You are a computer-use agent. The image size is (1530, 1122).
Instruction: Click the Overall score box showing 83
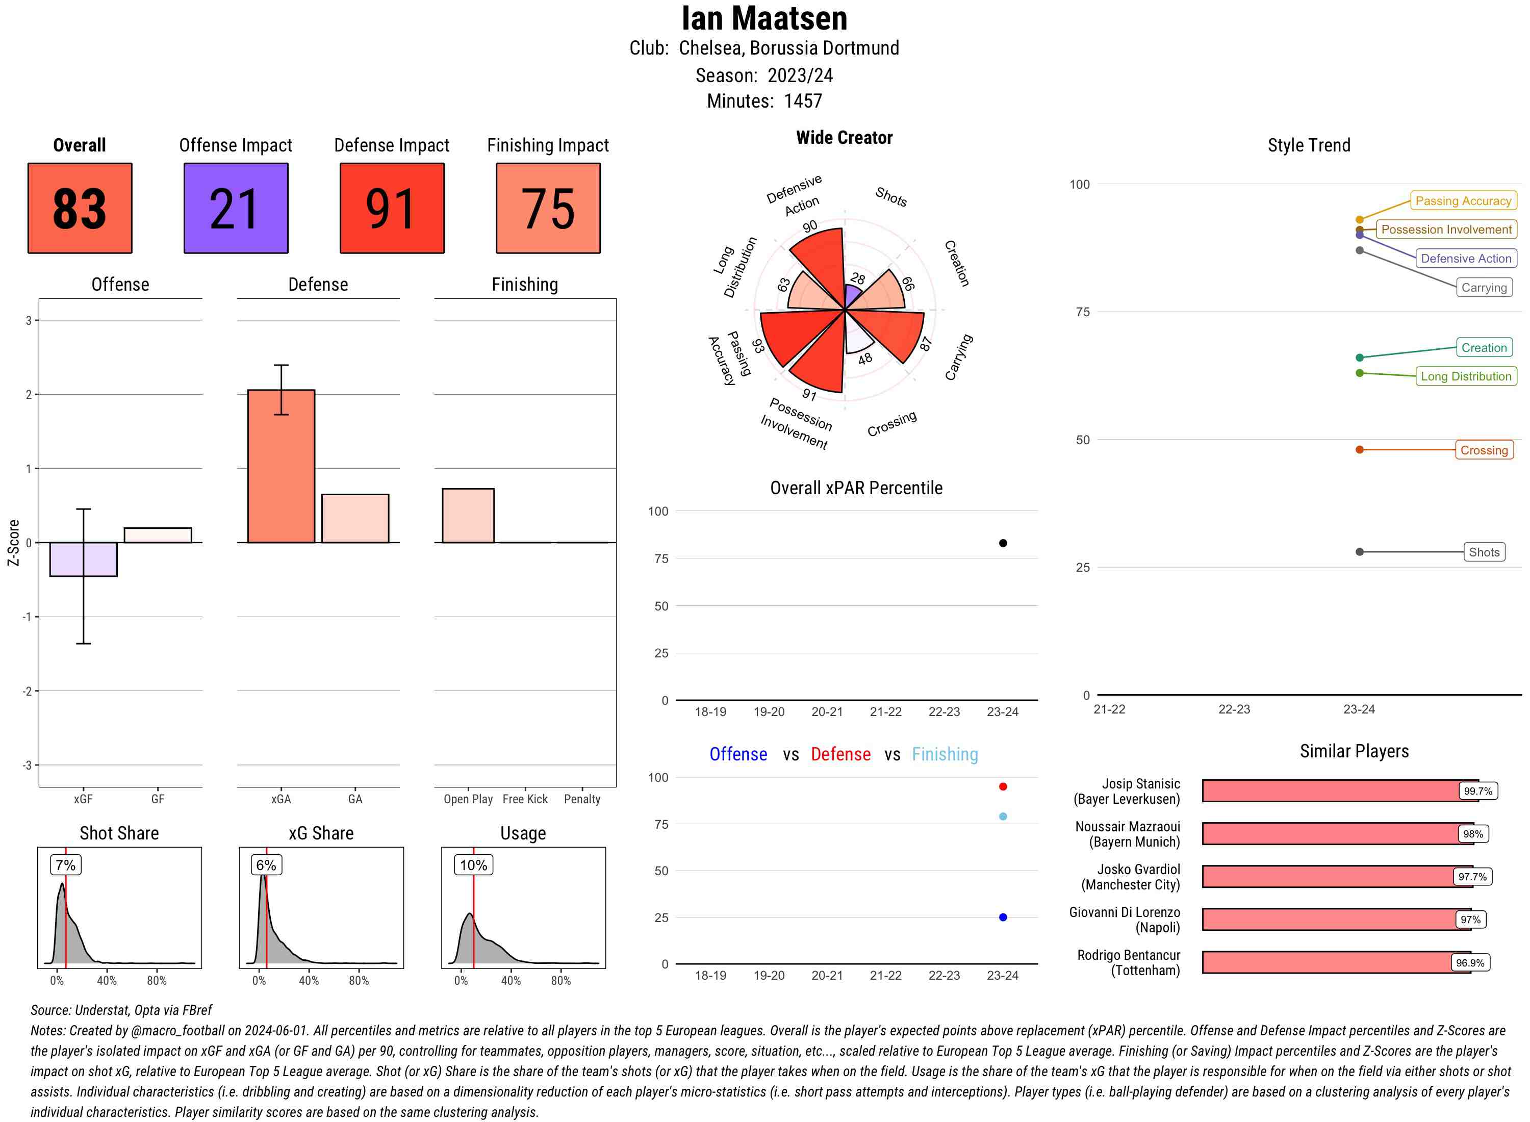(x=80, y=208)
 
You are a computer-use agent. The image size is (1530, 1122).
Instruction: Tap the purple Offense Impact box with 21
(x=236, y=208)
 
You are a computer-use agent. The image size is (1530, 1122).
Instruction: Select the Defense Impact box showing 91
(x=392, y=208)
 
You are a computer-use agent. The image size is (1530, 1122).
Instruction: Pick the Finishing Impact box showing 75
(x=548, y=208)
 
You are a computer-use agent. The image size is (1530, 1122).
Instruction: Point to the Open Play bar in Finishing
(x=468, y=516)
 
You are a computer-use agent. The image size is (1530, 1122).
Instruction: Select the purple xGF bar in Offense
(x=84, y=559)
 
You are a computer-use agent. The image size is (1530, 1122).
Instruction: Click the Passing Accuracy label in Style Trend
(x=1463, y=200)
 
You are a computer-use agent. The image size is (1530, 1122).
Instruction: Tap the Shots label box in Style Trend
(x=1484, y=552)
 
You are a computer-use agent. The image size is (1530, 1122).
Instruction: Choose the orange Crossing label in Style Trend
(x=1484, y=450)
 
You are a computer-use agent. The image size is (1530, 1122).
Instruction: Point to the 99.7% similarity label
(x=1477, y=790)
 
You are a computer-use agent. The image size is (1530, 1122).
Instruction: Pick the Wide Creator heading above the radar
(x=844, y=138)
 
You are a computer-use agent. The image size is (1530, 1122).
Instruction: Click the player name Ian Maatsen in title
(x=764, y=19)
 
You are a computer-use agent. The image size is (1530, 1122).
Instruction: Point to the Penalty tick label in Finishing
(x=582, y=799)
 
